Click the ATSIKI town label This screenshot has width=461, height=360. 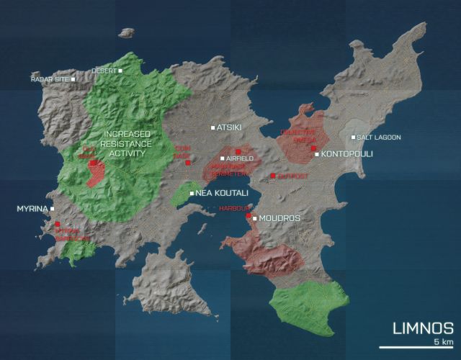pos(229,127)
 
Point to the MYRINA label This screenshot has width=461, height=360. pos(31,209)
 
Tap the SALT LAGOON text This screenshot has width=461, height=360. pos(379,138)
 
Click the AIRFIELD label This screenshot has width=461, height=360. pos(240,158)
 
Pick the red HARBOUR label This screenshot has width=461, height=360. pos(233,210)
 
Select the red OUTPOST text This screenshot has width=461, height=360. pos(292,176)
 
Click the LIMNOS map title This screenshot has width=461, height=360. pos(423,329)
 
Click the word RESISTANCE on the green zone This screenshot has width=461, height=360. pos(127,144)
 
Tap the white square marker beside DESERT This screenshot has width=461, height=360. pos(121,71)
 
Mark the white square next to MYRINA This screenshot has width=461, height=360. pos(53,209)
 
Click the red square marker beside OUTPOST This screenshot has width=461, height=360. pos(273,176)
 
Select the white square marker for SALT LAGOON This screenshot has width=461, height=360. pos(353,138)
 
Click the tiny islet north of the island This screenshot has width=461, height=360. pos(127,32)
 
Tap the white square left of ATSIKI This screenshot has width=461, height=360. pos(212,127)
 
